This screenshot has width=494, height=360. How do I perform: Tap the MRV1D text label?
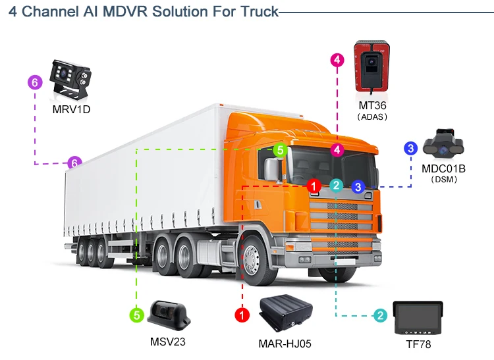point(71,109)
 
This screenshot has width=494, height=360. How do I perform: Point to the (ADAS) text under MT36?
point(372,116)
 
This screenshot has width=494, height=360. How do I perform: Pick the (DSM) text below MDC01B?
point(443,179)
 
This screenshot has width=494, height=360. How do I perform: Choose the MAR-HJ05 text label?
point(285,343)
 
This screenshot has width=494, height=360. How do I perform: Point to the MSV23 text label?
point(169,341)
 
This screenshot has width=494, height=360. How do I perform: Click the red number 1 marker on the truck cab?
point(314,186)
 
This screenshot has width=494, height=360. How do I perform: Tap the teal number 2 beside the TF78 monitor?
point(380,315)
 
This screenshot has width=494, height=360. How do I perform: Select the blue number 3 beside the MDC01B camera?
point(410,148)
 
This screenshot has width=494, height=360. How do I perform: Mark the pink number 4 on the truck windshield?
point(337,150)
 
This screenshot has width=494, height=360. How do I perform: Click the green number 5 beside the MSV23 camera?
point(136,315)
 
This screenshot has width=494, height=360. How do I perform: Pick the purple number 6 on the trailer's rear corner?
point(75,163)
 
